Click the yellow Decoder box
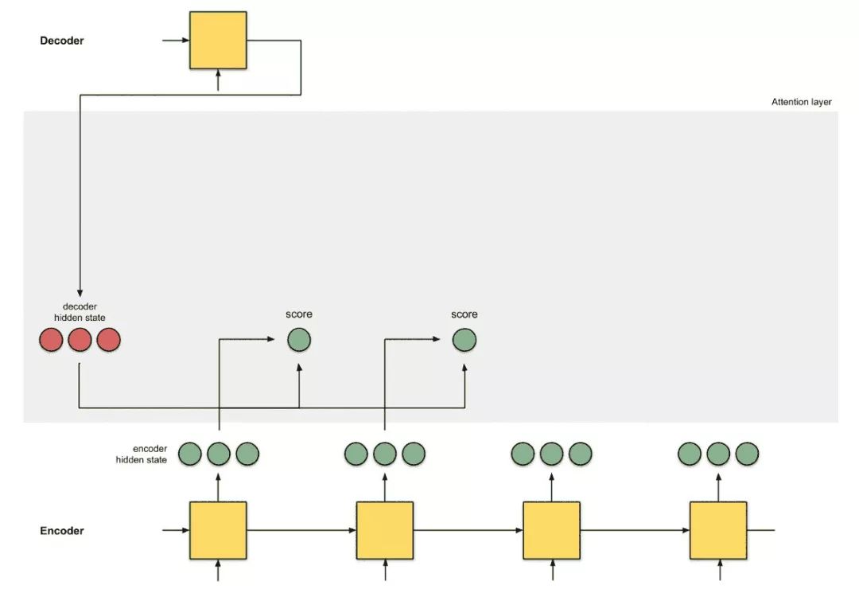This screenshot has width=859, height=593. (x=217, y=40)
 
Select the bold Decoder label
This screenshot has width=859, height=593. (x=62, y=41)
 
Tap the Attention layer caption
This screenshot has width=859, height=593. (x=801, y=102)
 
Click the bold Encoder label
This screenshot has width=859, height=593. (x=62, y=531)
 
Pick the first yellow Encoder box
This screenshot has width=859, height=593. (x=217, y=530)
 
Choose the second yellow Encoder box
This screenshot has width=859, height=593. (x=384, y=530)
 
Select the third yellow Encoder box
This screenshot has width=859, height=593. (x=551, y=530)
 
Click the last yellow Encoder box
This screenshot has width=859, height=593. (x=717, y=530)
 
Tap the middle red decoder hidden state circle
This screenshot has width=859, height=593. (x=80, y=341)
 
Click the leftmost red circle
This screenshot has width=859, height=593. (x=51, y=341)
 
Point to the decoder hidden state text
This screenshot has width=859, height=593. (x=80, y=312)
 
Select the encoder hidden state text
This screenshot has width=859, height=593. (x=142, y=454)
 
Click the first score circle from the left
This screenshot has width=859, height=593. (x=299, y=341)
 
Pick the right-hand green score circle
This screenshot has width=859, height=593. (x=464, y=341)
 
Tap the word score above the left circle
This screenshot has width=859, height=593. (x=299, y=314)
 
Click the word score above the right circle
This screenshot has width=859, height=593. (x=464, y=314)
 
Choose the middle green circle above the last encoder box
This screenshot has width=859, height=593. (x=717, y=454)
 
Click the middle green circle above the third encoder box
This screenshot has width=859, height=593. (x=551, y=454)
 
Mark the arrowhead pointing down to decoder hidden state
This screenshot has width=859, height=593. (x=80, y=292)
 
